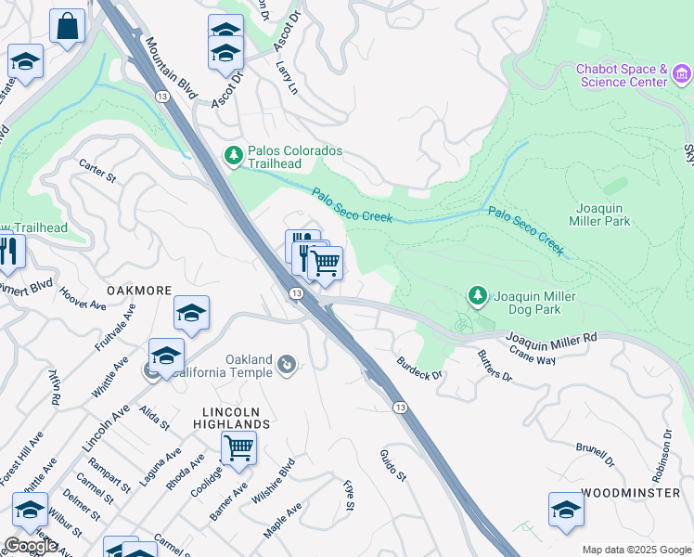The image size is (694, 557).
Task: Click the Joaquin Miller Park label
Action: click(x=604, y=214)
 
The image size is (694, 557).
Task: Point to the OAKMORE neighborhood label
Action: click(x=139, y=291)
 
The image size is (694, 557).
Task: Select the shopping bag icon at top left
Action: click(x=67, y=27)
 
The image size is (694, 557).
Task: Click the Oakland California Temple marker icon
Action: click(x=288, y=365)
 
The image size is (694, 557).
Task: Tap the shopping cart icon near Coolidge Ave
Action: click(x=238, y=448)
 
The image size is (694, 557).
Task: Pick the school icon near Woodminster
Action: click(x=566, y=510)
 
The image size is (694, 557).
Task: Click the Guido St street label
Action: click(x=393, y=465)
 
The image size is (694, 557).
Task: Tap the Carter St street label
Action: click(x=96, y=170)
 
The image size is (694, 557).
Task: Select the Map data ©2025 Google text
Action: click(x=636, y=550)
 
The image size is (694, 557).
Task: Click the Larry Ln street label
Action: click(x=287, y=78)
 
